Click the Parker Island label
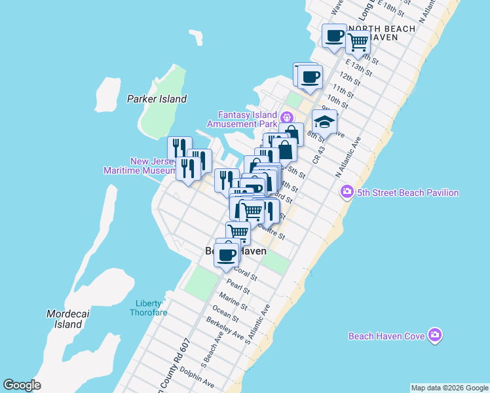pos(157,99)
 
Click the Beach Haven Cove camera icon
pos(436,336)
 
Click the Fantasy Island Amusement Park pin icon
pos(286,118)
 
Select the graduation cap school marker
pos(324,121)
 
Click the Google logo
pos(22,385)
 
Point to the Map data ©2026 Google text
pos(449,388)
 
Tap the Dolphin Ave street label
pos(197,378)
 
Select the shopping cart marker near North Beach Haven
pos(358,42)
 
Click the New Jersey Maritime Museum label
pos(140,166)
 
